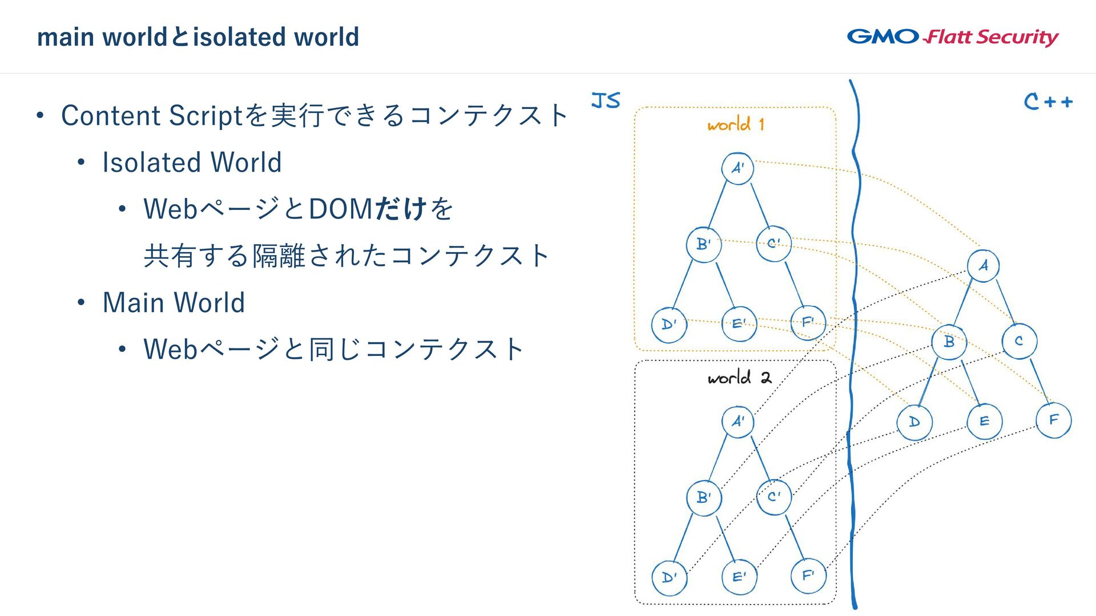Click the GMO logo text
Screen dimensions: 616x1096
click(883, 37)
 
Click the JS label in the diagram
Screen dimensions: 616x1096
click(606, 100)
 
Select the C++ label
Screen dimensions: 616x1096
click(1048, 102)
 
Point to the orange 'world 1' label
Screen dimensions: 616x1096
click(735, 124)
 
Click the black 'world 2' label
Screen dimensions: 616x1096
click(739, 378)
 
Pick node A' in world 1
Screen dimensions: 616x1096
click(738, 168)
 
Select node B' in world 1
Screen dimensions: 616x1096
click(703, 244)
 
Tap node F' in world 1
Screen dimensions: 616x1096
click(808, 322)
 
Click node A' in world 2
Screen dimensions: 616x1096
click(738, 422)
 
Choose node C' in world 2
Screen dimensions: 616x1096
click(773, 497)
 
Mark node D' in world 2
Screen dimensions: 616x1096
click(669, 577)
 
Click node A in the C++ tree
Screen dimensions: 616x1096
click(983, 265)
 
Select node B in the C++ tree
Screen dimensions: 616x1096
click(949, 342)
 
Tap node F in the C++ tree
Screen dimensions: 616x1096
click(1053, 420)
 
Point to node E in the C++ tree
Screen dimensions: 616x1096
click(984, 422)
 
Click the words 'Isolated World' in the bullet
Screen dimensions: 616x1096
click(192, 162)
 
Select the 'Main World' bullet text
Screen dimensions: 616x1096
click(174, 302)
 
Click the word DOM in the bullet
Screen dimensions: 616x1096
click(340, 209)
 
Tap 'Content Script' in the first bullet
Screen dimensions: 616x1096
click(152, 115)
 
